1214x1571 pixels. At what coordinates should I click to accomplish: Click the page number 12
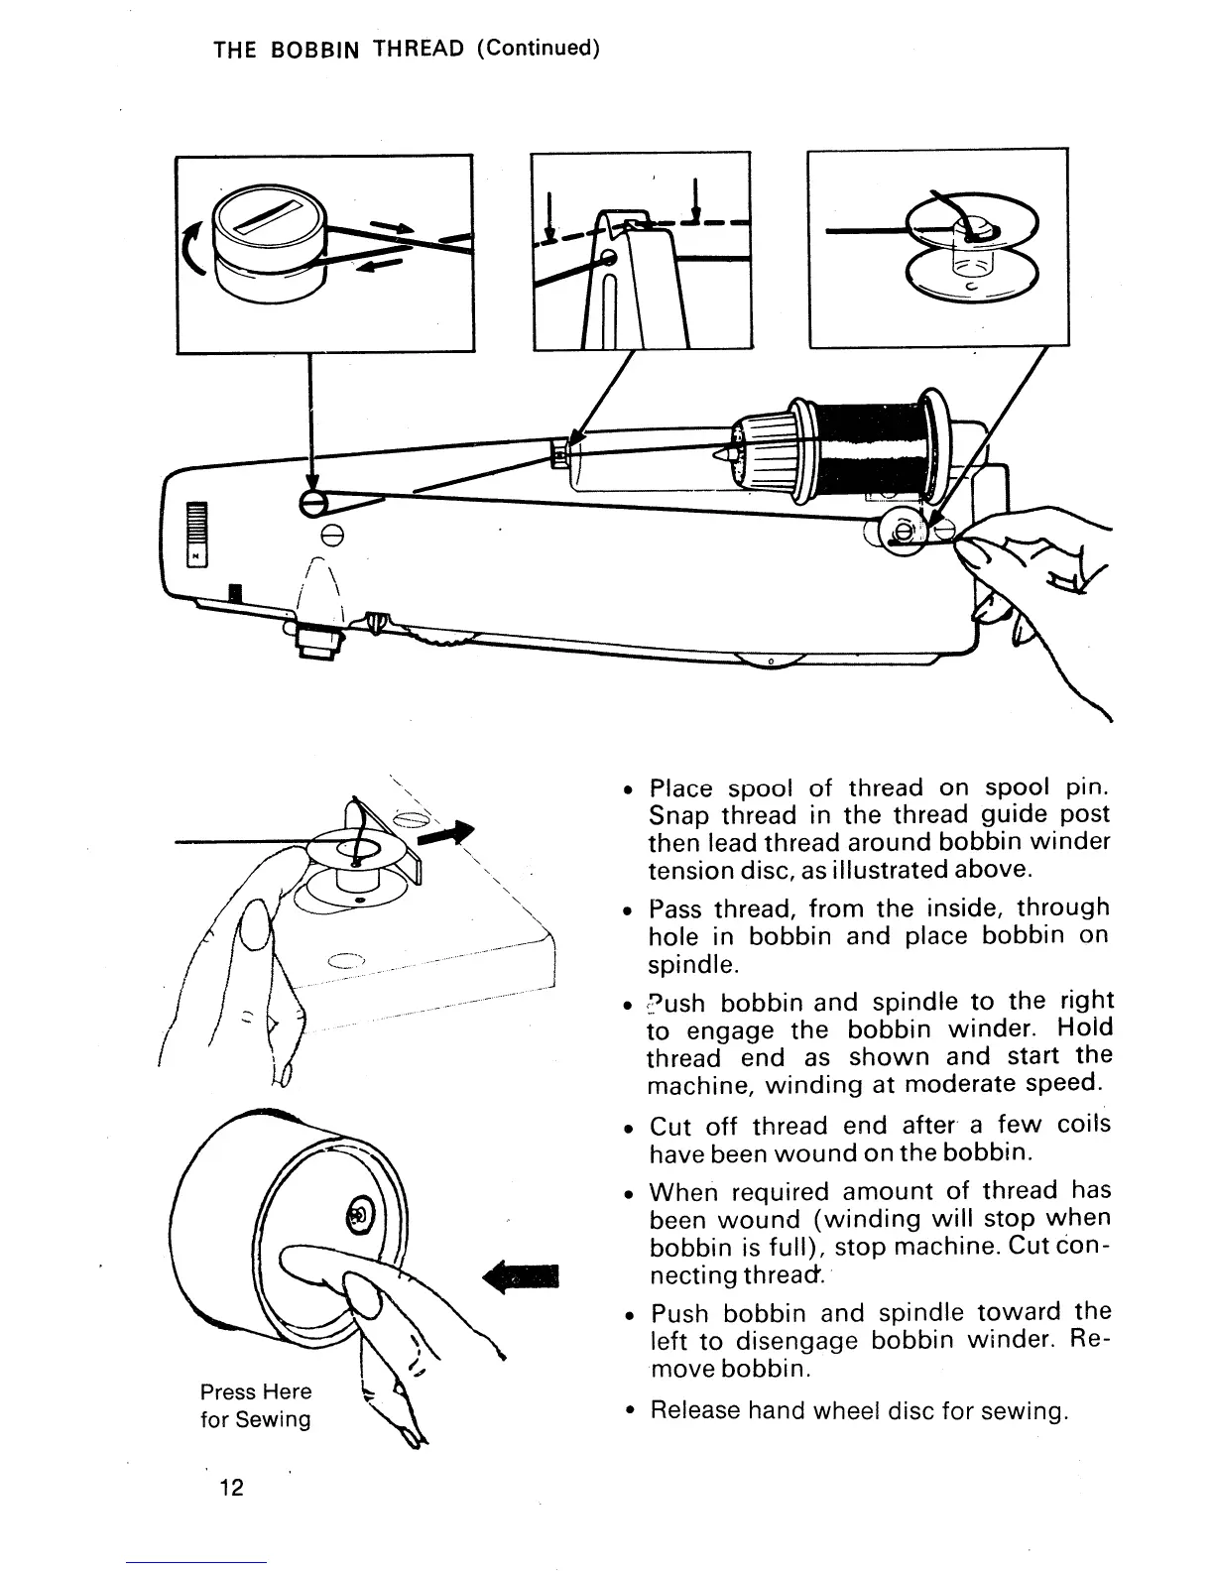click(231, 1488)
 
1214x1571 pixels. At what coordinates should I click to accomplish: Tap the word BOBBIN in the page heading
click(309, 50)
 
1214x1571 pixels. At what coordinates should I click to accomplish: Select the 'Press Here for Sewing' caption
click(256, 1405)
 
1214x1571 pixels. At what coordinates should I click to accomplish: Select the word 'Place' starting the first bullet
click(680, 789)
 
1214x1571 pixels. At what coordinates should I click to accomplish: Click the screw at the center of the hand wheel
click(359, 1214)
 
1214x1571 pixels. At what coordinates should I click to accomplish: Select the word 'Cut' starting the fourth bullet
click(669, 1127)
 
